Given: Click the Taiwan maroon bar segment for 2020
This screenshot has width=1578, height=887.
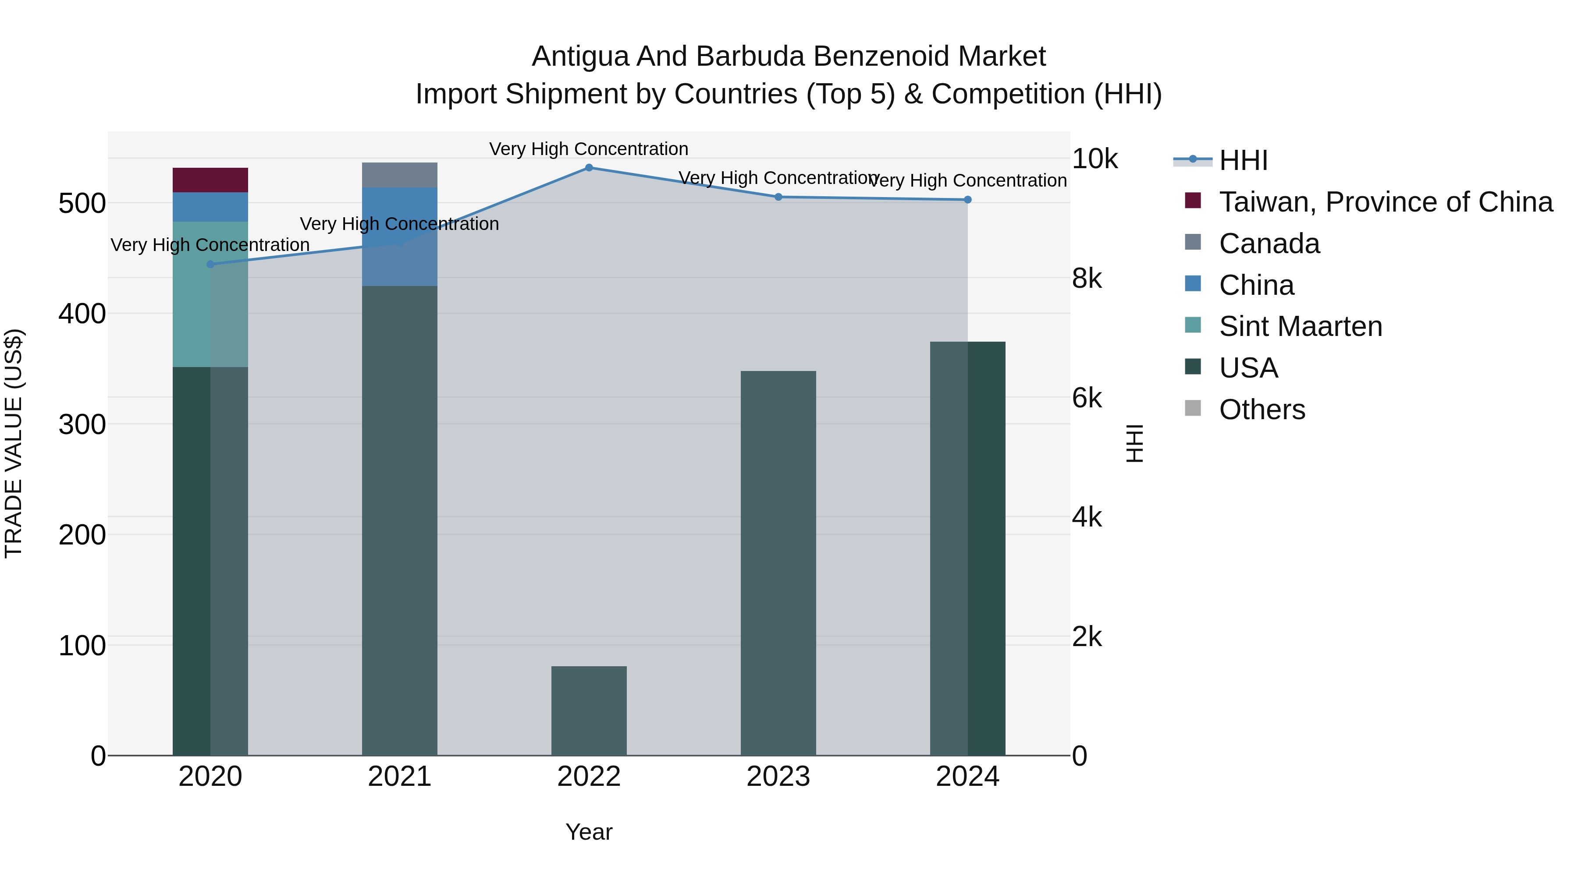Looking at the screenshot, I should pyautogui.click(x=210, y=180).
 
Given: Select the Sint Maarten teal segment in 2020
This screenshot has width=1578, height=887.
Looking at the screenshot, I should pyautogui.click(x=210, y=294).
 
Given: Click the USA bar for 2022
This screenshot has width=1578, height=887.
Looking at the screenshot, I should pyautogui.click(x=589, y=710).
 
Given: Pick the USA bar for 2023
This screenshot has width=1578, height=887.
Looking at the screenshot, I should pyautogui.click(x=778, y=563).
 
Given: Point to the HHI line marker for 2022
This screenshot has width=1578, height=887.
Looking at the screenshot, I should pyautogui.click(x=589, y=168).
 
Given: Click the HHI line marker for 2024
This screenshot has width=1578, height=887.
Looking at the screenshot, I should pyautogui.click(x=967, y=200).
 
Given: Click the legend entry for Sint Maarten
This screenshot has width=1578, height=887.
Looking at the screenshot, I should pyautogui.click(x=1300, y=326).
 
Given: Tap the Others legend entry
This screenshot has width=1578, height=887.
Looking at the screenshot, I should pyautogui.click(x=1262, y=410).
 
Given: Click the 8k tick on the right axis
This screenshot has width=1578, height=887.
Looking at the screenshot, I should pyautogui.click(x=1086, y=279).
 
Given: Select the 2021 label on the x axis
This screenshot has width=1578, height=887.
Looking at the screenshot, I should pyautogui.click(x=399, y=777).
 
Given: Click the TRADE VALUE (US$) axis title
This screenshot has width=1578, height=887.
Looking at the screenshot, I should pyautogui.click(x=14, y=443).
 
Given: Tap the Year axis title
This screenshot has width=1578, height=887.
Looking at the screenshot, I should pyautogui.click(x=589, y=832).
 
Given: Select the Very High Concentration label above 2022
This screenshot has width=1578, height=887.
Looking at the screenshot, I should pyautogui.click(x=589, y=149).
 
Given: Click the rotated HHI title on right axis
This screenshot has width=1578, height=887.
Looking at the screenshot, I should pyautogui.click(x=1134, y=443).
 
